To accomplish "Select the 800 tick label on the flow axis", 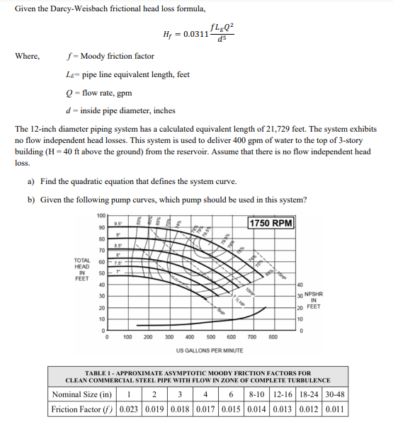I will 273,338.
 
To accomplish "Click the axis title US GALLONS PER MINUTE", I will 210,350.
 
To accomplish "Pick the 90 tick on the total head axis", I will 102,227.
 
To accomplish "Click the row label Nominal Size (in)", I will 82,394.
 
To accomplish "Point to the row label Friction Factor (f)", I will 82,409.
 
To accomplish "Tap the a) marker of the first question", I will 31,182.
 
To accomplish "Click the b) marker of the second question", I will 31,199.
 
